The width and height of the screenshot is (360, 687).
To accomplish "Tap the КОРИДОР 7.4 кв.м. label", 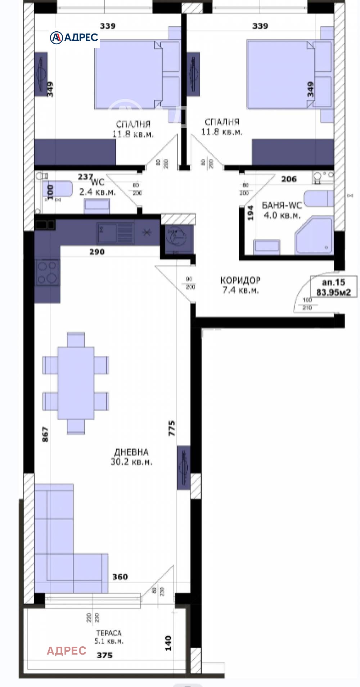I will (x=240, y=285).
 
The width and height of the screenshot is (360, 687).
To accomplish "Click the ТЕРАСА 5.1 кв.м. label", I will (x=109, y=637).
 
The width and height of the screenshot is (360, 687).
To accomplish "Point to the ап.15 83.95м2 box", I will (x=333, y=287).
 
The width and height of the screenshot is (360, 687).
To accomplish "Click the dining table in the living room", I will (x=76, y=383).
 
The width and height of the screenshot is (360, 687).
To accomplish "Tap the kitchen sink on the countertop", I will (x=115, y=233).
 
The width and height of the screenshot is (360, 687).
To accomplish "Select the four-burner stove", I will (x=47, y=272).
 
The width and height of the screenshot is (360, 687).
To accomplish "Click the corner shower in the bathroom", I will (x=314, y=235).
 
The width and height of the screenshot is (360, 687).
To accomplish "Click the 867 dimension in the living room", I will (x=45, y=434).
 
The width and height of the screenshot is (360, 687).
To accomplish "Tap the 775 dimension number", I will (x=172, y=428).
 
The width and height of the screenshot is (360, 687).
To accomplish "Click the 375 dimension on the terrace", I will (x=104, y=655).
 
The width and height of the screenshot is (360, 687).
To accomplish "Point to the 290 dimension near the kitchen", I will (x=97, y=252).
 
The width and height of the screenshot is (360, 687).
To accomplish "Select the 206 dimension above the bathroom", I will (x=289, y=179).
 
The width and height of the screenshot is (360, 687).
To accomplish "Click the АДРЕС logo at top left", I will (x=74, y=37).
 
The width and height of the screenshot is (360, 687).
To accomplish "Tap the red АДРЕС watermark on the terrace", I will (x=67, y=650).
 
